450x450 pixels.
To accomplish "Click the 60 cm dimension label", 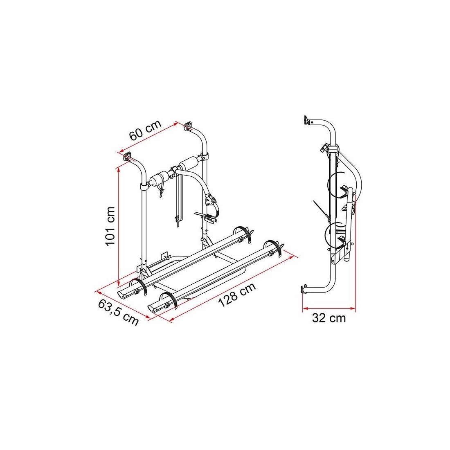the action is (x=145, y=130).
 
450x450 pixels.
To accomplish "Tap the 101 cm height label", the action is (x=110, y=226).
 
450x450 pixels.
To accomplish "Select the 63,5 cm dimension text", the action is (x=119, y=312).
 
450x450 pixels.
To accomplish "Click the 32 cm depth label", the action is (x=328, y=318).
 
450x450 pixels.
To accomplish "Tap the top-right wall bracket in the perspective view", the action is (x=188, y=126).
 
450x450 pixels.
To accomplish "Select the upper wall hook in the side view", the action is (x=307, y=120).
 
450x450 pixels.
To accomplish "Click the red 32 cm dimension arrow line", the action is (x=329, y=308).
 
